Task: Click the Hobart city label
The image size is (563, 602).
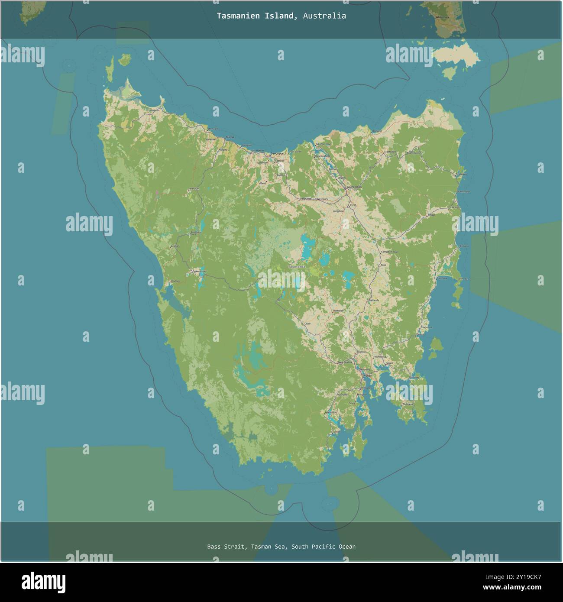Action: click(x=368, y=375)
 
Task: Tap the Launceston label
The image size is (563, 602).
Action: click(x=354, y=187)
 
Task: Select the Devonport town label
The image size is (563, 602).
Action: click(x=278, y=154)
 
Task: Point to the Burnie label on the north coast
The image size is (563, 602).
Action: click(x=230, y=137)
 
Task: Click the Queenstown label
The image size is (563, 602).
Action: click(x=200, y=272)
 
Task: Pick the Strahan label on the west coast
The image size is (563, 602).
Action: click(x=175, y=281)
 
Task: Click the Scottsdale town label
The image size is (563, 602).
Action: click(x=390, y=152)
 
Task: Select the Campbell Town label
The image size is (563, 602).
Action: click(x=389, y=252)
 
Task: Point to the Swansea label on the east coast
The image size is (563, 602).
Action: click(x=442, y=278)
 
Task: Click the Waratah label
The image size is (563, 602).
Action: click(x=194, y=189)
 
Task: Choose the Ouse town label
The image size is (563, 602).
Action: click(x=308, y=324)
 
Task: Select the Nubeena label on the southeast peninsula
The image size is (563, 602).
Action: click(x=408, y=404)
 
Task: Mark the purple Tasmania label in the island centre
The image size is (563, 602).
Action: click(x=297, y=267)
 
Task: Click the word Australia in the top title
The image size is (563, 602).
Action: click(x=324, y=16)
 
